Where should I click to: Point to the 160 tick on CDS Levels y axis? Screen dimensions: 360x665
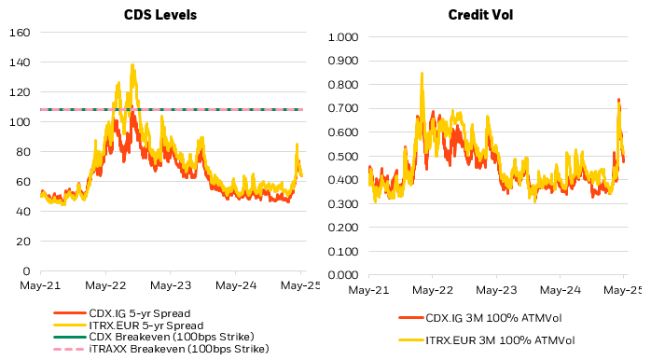[21, 33]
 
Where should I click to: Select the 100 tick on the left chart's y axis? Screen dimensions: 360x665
[21, 122]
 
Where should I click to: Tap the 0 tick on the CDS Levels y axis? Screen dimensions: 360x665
[27, 271]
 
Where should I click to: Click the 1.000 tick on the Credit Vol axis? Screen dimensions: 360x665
[343, 37]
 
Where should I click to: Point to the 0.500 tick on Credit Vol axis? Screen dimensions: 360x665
[343, 157]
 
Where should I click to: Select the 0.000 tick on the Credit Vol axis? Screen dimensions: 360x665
[343, 275]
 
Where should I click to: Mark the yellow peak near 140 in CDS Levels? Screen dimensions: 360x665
[132, 65]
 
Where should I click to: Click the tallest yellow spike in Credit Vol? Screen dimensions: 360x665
[422, 74]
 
